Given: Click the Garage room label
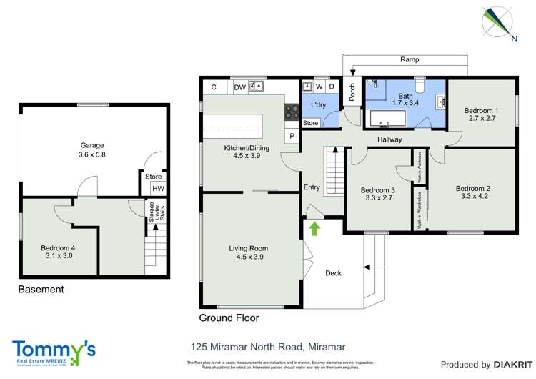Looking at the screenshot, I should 93,147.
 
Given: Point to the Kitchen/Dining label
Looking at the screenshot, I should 242,151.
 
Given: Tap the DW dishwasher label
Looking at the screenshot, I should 239,87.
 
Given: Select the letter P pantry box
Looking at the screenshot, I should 292,136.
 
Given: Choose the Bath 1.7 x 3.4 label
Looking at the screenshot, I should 406,99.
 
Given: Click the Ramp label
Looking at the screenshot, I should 410,60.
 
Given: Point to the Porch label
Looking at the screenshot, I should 352,92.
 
